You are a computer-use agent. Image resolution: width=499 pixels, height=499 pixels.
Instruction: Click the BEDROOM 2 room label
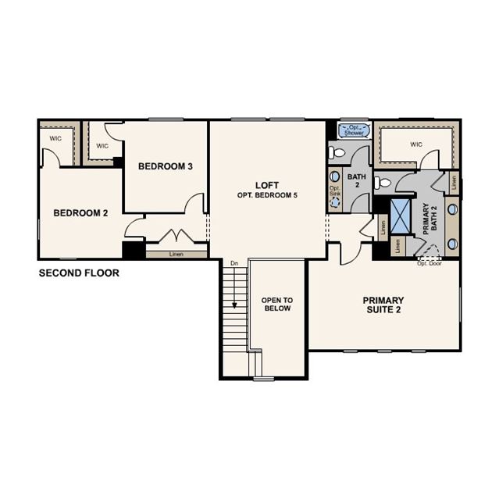click(80, 213)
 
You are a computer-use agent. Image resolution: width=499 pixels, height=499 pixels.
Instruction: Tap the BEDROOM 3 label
click(166, 166)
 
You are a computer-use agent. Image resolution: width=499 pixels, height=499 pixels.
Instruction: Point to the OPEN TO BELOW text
click(277, 305)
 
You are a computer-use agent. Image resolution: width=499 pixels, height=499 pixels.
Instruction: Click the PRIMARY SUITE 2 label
click(383, 305)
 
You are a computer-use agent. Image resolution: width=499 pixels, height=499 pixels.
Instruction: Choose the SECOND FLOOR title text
click(79, 273)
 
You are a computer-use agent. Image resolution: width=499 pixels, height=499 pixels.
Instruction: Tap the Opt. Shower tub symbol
click(355, 130)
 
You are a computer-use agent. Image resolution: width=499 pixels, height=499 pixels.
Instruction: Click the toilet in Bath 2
click(337, 153)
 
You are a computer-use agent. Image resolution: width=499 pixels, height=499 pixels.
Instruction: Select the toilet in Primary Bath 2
click(382, 183)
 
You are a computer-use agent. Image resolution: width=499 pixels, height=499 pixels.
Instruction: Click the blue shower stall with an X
click(401, 216)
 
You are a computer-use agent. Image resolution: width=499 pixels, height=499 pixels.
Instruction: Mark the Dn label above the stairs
click(234, 263)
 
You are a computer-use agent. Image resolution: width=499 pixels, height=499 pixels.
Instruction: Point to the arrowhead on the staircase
click(234, 305)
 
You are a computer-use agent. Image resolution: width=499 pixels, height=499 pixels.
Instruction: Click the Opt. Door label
click(429, 263)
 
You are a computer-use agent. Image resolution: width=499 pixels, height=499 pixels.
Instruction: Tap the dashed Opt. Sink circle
click(335, 202)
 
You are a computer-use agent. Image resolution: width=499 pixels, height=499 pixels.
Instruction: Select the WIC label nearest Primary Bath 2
click(416, 144)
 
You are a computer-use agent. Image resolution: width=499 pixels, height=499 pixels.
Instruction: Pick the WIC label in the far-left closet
click(55, 139)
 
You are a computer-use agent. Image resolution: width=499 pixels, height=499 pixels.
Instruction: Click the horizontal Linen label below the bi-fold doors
click(176, 255)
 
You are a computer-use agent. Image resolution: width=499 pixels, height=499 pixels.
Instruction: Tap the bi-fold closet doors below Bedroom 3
click(177, 236)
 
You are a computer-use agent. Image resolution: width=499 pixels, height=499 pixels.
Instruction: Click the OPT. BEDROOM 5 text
click(267, 195)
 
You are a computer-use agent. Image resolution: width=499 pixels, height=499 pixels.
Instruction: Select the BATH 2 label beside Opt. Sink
click(357, 180)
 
